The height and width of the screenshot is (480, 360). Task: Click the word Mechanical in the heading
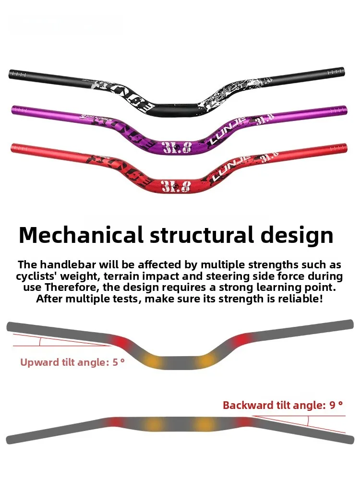(81, 235)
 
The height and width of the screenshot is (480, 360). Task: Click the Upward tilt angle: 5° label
(72, 362)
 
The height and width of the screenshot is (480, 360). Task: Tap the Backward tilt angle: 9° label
(283, 405)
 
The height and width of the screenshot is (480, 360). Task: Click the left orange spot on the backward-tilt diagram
(154, 425)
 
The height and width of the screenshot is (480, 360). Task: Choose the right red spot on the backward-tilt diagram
(245, 422)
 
